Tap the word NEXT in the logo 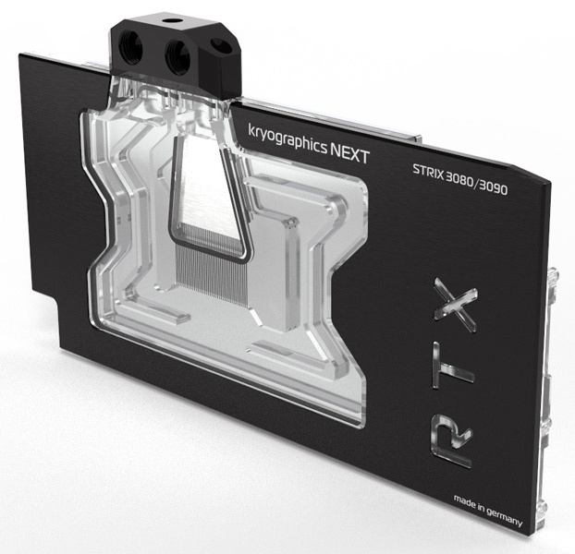coord(349,153)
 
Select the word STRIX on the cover coord(429,172)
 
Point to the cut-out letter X coord(456,305)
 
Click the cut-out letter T coord(452,367)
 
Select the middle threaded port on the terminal coord(177,54)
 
